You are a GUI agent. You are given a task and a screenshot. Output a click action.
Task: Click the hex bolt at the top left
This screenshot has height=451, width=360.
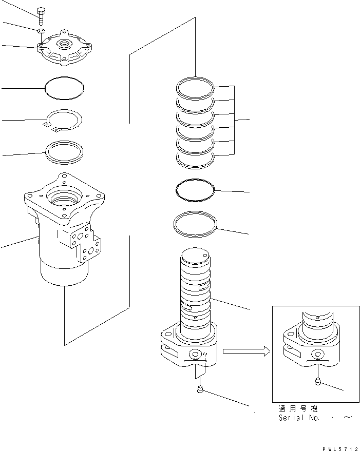pyautogui.click(x=41, y=15)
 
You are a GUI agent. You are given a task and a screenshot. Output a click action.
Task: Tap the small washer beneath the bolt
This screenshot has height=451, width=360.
pyautogui.click(x=41, y=32)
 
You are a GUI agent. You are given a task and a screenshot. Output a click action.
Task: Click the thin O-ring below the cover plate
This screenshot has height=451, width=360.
pyautogui.click(x=64, y=88)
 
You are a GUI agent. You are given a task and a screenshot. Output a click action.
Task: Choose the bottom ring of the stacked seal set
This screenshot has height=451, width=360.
pyautogui.click(x=195, y=160)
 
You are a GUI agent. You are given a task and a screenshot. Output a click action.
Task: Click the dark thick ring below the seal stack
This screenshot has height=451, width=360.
pyautogui.click(x=195, y=189)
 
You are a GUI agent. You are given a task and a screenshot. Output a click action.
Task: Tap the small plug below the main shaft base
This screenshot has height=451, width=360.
pyautogui.click(x=200, y=392)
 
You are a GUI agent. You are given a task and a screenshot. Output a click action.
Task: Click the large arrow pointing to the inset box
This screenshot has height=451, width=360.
pyautogui.click(x=245, y=351)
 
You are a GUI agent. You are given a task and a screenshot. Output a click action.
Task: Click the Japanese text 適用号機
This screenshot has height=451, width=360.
pyautogui.click(x=298, y=409)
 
